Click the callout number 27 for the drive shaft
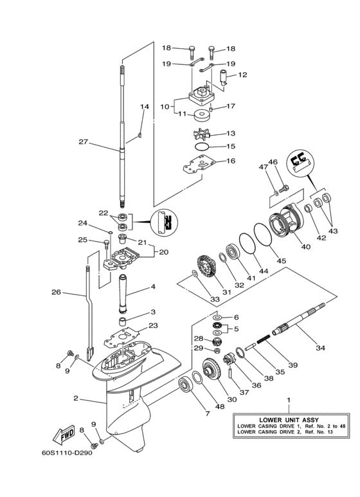pyautogui.click(x=82, y=143)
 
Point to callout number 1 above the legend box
pyautogui.click(x=288, y=400)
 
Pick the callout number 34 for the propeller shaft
pyautogui.click(x=319, y=348)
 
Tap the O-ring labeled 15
pyautogui.click(x=201, y=147)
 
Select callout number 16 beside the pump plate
pyautogui.click(x=230, y=161)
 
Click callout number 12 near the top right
pyautogui.click(x=242, y=75)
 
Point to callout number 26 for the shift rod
pyautogui.click(x=56, y=292)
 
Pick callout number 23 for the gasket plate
pyautogui.click(x=152, y=325)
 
